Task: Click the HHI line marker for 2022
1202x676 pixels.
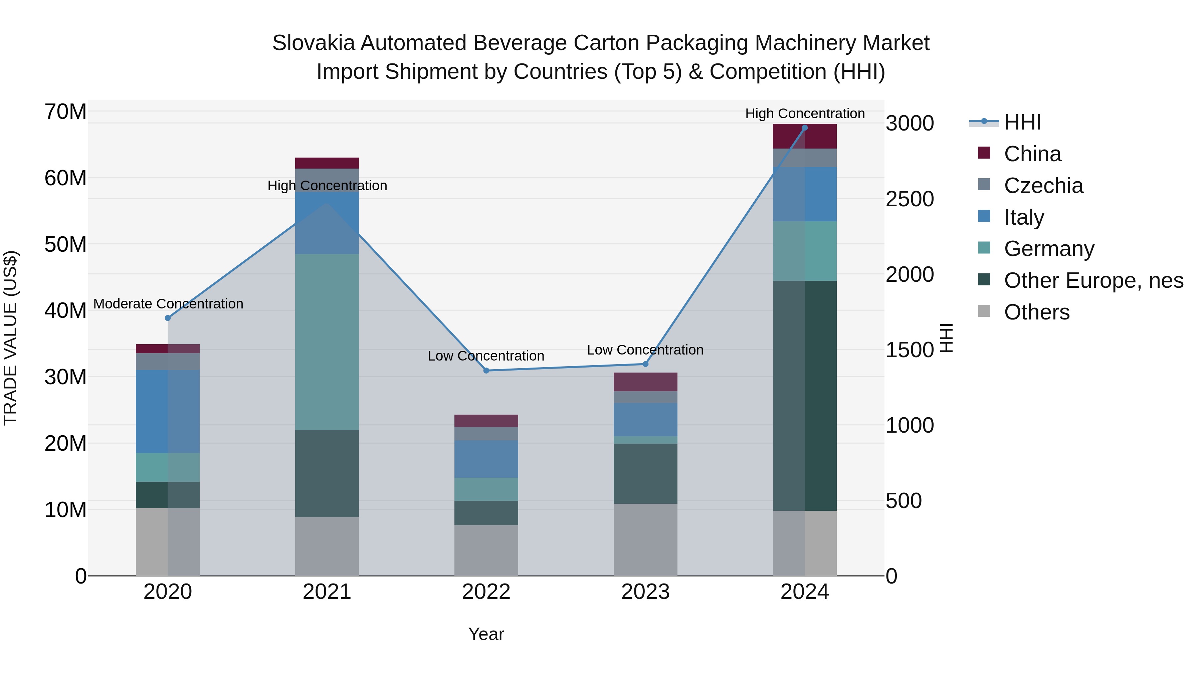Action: tap(486, 371)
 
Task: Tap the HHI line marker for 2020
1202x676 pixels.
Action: tap(168, 318)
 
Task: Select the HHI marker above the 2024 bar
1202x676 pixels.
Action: tap(804, 128)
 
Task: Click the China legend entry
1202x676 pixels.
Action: tap(1032, 154)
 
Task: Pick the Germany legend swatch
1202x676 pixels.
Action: tap(984, 248)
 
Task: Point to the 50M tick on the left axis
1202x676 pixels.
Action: tap(65, 244)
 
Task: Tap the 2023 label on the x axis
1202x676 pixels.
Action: tap(645, 592)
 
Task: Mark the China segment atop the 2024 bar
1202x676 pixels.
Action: tap(804, 137)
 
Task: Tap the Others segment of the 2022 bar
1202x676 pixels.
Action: tap(486, 550)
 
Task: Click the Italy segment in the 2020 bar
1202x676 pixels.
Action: tap(168, 412)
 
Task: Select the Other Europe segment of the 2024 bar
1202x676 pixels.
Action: tap(804, 396)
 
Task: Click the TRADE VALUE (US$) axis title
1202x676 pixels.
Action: tap(10, 338)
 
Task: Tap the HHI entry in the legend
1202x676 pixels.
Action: tap(1022, 122)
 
